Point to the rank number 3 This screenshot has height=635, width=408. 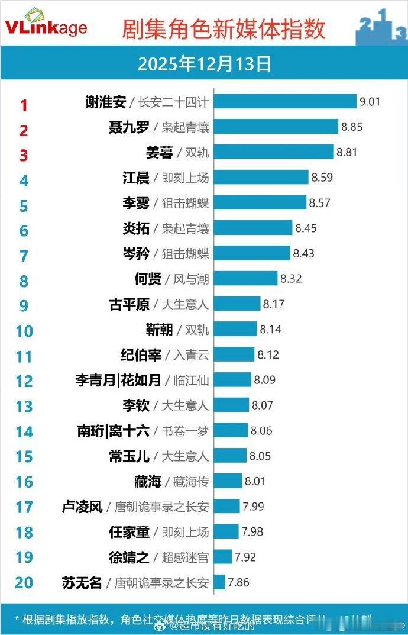point(24,156)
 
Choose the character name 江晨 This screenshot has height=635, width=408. point(135,178)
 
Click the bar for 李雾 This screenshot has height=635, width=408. point(260,202)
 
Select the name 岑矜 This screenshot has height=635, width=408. point(135,253)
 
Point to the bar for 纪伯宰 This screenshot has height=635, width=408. point(234,354)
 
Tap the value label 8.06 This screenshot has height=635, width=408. point(261,431)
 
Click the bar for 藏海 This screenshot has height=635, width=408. point(228,481)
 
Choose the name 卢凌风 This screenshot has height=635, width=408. point(83,507)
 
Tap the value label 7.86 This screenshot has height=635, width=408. point(239,583)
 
